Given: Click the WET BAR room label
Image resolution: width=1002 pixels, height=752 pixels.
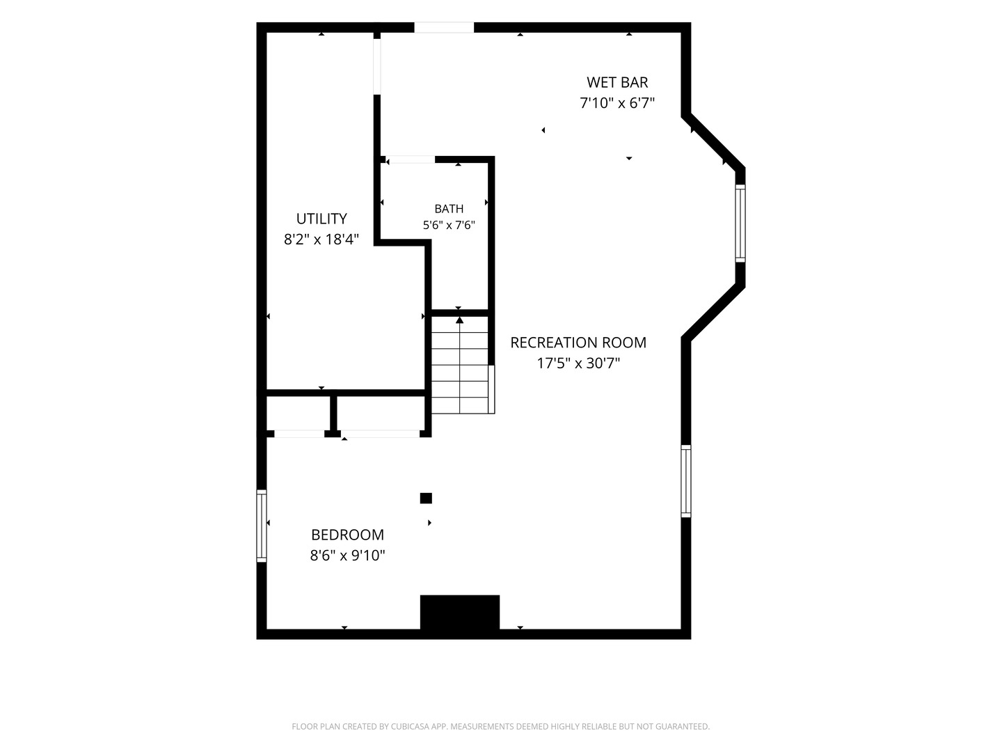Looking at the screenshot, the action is pyautogui.click(x=617, y=83).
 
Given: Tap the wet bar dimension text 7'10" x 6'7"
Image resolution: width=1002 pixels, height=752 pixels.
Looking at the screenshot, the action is pyautogui.click(x=617, y=103).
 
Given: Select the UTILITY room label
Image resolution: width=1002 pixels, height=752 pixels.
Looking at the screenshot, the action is pyautogui.click(x=321, y=219).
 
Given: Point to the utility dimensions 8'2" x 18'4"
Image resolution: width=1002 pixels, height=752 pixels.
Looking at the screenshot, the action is pyautogui.click(x=321, y=240).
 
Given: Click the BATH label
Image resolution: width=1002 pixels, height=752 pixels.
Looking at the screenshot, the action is pyautogui.click(x=449, y=209).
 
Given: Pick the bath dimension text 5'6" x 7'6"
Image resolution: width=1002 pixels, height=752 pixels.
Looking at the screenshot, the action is pyautogui.click(x=449, y=225).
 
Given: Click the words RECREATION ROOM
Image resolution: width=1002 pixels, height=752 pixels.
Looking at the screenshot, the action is pyautogui.click(x=578, y=343).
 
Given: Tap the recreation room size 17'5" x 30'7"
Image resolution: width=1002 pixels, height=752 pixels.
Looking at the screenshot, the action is pyautogui.click(x=578, y=363).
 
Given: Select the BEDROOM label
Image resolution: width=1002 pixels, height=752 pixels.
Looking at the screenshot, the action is pyautogui.click(x=347, y=535).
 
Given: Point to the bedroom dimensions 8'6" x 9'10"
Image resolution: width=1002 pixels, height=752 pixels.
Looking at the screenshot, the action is pyautogui.click(x=347, y=556).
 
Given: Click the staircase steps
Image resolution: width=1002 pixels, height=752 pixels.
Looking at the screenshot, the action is pyautogui.click(x=460, y=366).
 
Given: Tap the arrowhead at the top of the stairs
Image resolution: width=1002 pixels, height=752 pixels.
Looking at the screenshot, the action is pyautogui.click(x=460, y=320).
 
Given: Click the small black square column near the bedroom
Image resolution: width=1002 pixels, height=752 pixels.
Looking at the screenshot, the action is pyautogui.click(x=426, y=498).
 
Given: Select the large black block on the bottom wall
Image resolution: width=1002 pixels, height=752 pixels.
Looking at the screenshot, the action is pyautogui.click(x=460, y=612).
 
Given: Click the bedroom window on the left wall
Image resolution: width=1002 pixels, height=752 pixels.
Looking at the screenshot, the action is pyautogui.click(x=262, y=526).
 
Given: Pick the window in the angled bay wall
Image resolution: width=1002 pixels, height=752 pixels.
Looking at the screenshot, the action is pyautogui.click(x=740, y=224).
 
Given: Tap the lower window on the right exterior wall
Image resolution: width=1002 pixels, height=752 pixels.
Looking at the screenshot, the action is pyautogui.click(x=686, y=481).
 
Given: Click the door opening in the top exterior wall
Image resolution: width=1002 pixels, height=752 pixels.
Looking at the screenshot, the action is pyautogui.click(x=444, y=27).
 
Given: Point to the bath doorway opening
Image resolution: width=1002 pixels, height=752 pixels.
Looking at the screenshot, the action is pyautogui.click(x=411, y=160).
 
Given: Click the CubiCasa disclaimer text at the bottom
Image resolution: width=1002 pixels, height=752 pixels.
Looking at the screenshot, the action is pyautogui.click(x=501, y=726).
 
